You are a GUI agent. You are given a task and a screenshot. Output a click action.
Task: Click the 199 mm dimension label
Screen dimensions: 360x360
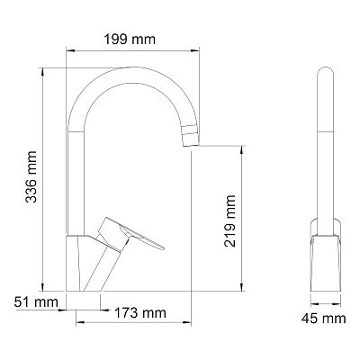click(x=130, y=40)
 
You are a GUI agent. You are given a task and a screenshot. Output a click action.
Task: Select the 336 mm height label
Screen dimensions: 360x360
click(x=31, y=176)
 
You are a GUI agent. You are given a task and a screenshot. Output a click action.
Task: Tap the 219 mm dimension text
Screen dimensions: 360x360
click(x=230, y=221)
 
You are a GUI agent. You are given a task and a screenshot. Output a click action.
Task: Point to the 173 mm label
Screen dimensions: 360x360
click(x=140, y=313)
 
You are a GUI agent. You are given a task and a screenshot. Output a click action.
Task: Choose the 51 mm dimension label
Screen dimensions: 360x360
click(x=36, y=301)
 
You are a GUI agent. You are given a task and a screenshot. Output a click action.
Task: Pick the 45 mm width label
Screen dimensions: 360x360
click(x=324, y=319)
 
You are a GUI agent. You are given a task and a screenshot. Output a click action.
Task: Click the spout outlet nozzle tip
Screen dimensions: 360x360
click(x=191, y=136)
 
